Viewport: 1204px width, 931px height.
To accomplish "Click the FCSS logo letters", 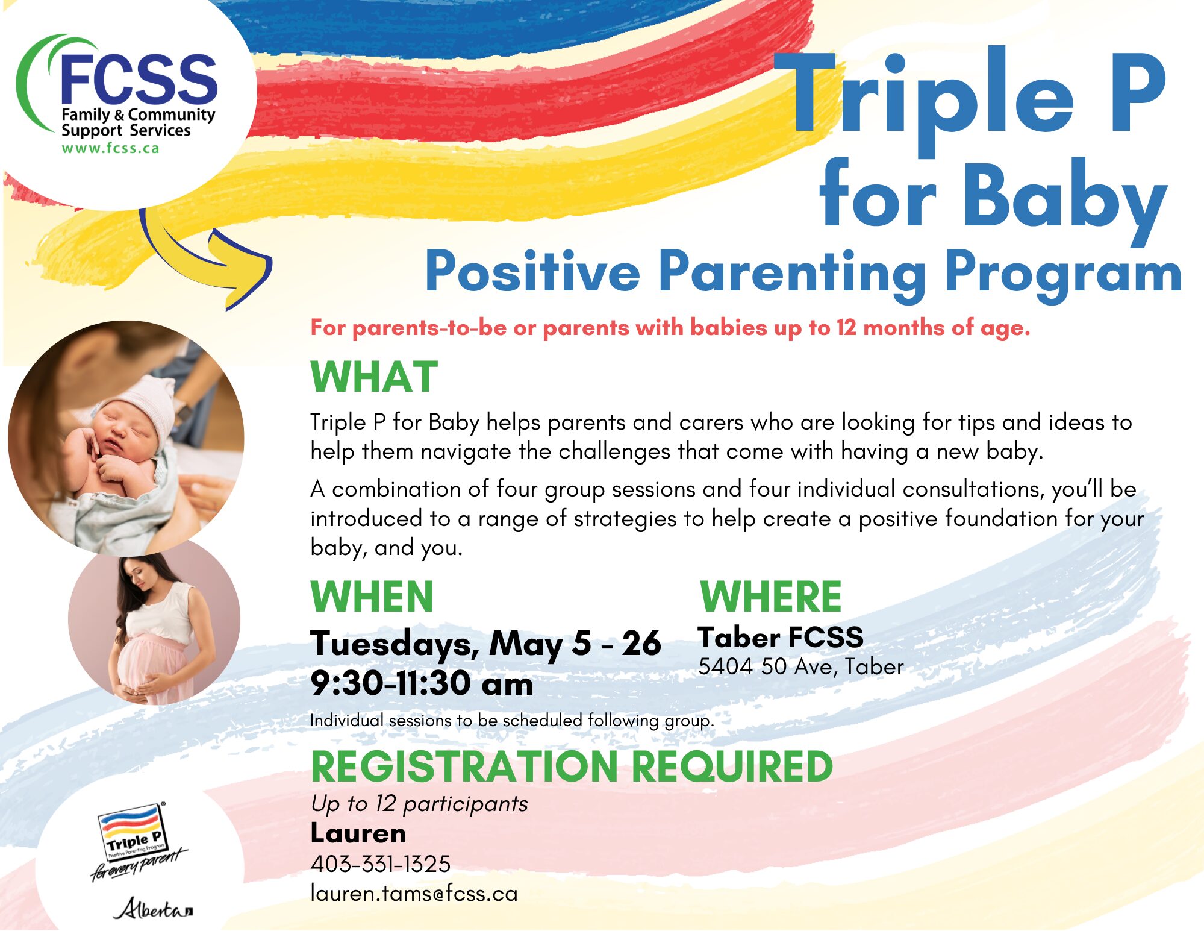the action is (139, 78).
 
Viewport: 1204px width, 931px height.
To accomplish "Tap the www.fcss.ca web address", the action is (110, 148).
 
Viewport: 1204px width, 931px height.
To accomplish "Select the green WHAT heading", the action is (374, 377).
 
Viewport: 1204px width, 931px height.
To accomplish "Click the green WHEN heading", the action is (372, 597).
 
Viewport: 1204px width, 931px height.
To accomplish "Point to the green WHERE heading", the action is (771, 597).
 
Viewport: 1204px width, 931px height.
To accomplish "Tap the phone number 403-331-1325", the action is (381, 864).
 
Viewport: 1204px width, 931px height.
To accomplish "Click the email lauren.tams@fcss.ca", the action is (414, 894).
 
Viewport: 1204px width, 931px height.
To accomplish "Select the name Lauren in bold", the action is (358, 833).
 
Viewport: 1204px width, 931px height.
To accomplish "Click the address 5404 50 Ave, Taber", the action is (801, 666).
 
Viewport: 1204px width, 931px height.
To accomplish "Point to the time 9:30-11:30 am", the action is (422, 684).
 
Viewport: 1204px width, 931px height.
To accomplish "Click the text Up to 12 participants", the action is (419, 804).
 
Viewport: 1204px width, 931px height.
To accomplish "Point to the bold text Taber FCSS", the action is (781, 638).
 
